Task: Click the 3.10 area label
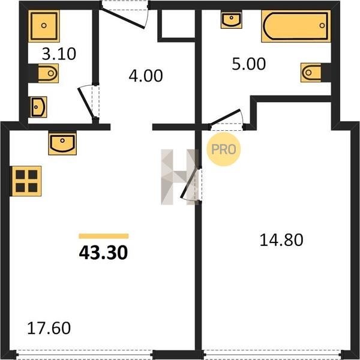pyautogui.click(x=59, y=54)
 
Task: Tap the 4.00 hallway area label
pyautogui.click(x=146, y=76)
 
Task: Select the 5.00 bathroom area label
pyautogui.click(x=248, y=64)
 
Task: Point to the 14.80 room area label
pyautogui.click(x=281, y=240)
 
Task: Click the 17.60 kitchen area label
pyautogui.click(x=49, y=328)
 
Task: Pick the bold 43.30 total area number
pyautogui.click(x=103, y=253)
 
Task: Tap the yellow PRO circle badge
pyautogui.click(x=224, y=149)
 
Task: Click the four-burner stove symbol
pyautogui.click(x=26, y=181)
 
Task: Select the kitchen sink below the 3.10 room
pyautogui.click(x=62, y=144)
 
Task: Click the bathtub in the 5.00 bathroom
pyautogui.click(x=296, y=26)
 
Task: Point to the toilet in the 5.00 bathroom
pyautogui.click(x=311, y=73)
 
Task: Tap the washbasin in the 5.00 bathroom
pyautogui.click(x=232, y=19)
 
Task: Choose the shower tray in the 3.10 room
pyautogui.click(x=44, y=26)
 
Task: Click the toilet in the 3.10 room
pyautogui.click(x=48, y=73)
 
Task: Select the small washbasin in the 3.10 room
pyautogui.click(x=38, y=107)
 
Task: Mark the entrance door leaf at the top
pyautogui.click(x=123, y=19)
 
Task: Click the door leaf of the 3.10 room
pyautogui.click(x=86, y=103)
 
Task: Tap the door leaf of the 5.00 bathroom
pyautogui.click(x=225, y=118)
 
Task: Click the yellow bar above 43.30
pyautogui.click(x=104, y=236)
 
